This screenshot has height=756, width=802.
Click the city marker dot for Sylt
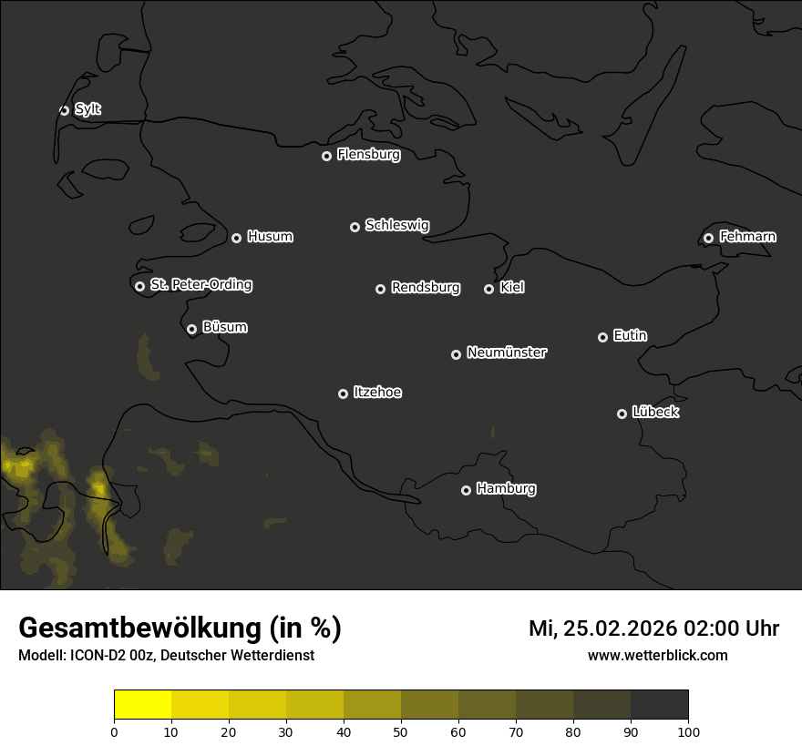click(x=64, y=110)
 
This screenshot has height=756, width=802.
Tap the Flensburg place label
click(x=368, y=155)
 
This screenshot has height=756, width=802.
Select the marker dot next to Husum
click(x=236, y=238)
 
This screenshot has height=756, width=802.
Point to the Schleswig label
click(x=396, y=225)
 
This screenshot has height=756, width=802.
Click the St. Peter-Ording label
click(x=200, y=285)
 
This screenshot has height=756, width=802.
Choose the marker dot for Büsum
click(x=191, y=330)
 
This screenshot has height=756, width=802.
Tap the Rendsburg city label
click(x=425, y=288)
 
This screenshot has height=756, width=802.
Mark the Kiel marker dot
click(x=488, y=289)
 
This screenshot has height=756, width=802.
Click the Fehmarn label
click(x=747, y=237)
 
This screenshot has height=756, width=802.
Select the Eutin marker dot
click(x=602, y=337)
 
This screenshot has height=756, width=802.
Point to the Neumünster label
click(x=506, y=352)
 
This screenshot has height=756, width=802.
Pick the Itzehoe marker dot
click(x=343, y=393)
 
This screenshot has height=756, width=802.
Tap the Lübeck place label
click(x=655, y=413)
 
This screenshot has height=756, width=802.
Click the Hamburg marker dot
click(x=466, y=490)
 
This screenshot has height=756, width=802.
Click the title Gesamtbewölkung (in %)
click(x=180, y=628)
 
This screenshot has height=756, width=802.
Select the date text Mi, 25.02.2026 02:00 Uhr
click(x=653, y=628)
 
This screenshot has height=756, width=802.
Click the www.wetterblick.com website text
click(x=657, y=655)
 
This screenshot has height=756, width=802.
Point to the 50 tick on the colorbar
click(x=401, y=731)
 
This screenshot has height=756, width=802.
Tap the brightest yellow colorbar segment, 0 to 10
click(x=142, y=705)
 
